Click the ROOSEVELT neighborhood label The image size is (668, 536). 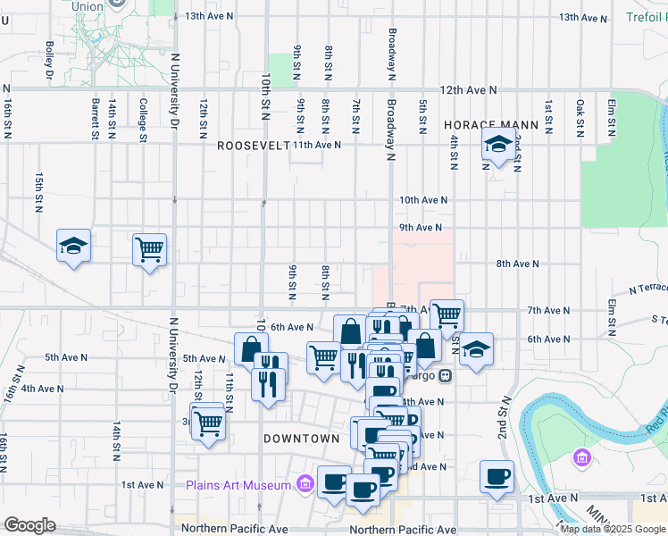coord(253,145)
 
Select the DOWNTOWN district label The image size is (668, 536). coord(301,439)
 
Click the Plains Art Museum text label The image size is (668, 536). coord(238,485)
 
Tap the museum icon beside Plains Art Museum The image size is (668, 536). coord(305,485)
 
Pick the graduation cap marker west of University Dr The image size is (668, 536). coord(73,247)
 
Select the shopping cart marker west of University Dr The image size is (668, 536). coord(149,248)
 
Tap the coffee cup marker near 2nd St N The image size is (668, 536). coord(497,476)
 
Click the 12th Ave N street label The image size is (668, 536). coord(468,90)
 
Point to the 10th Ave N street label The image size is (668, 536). coord(423,200)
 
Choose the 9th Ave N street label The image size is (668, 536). coord(420,228)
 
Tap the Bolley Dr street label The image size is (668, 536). coord(49,59)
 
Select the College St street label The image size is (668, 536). coord(142,120)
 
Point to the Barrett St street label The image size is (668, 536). coord(94,120)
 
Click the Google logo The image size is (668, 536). coord(29,525)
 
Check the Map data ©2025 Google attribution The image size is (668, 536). coord(612,529)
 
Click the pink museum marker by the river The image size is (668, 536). coord(582,458)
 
